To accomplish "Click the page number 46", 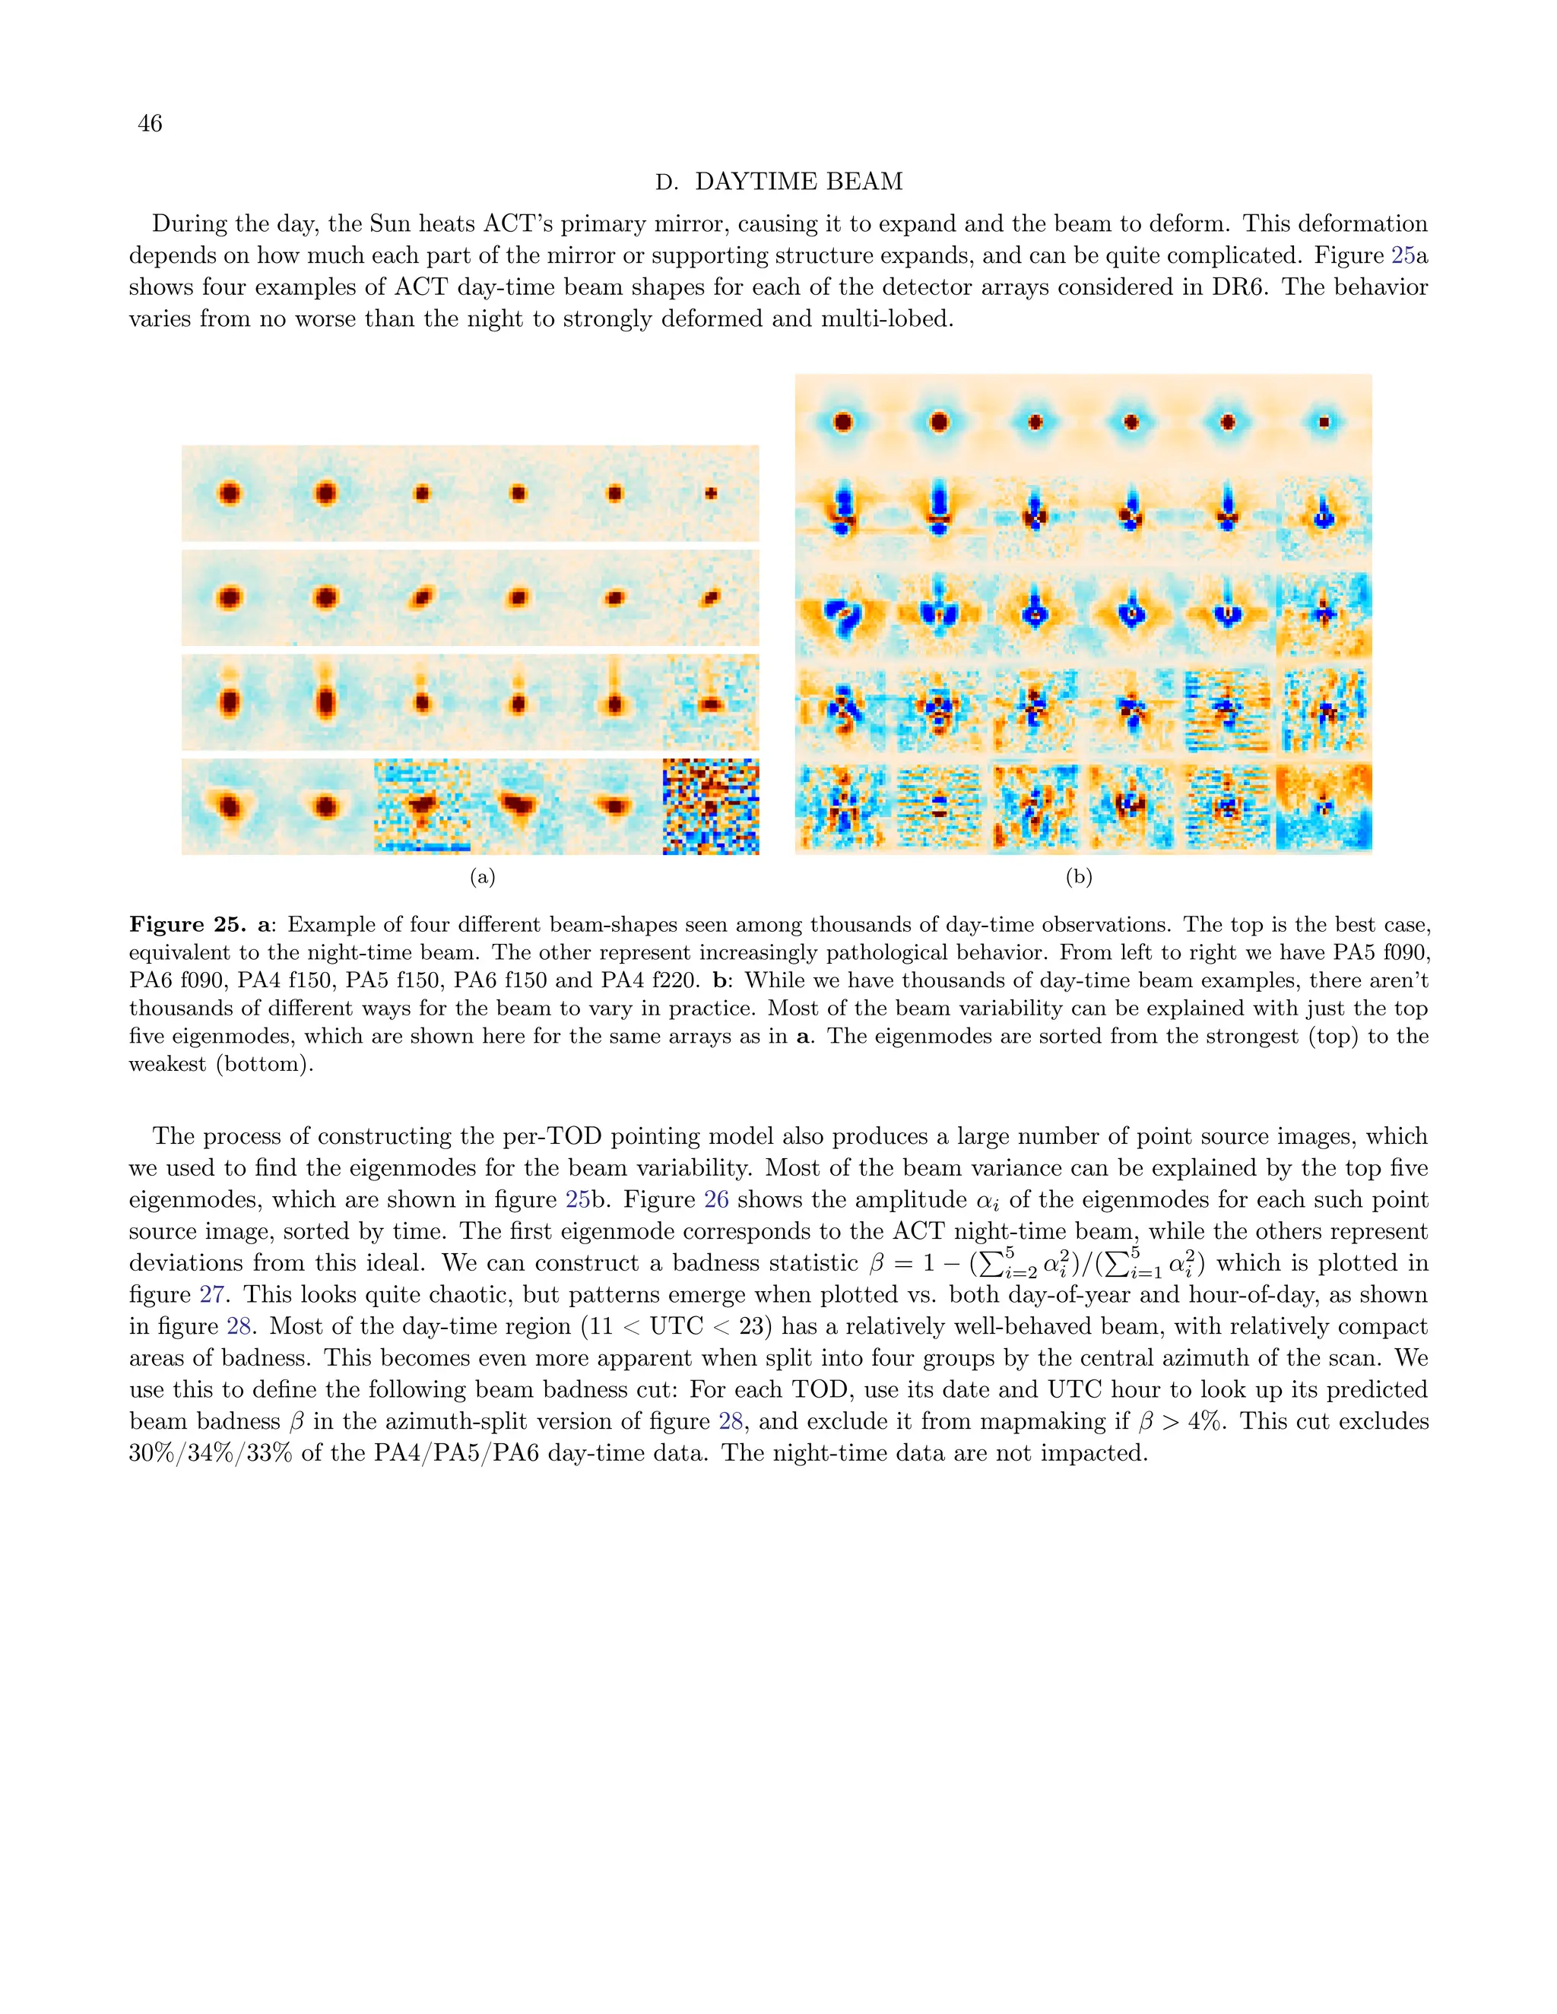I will tap(150, 124).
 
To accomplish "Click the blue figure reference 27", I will tap(212, 1295).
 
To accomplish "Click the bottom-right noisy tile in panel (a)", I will tap(710, 807).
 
